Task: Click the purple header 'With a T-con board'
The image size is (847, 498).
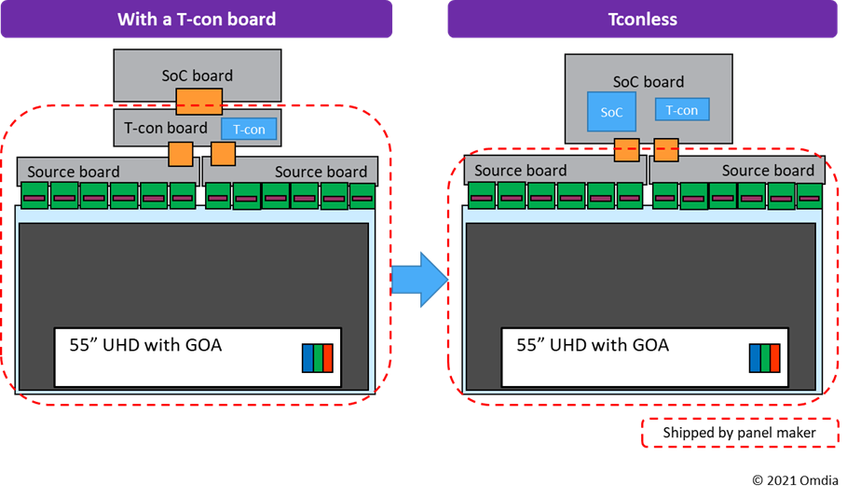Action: pos(197,19)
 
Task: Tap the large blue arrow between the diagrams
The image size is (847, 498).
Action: pos(419,279)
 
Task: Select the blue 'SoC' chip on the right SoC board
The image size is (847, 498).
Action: pos(611,112)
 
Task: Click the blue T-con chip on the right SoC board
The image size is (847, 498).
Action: pos(682,110)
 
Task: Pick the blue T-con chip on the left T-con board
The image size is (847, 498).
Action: pos(249,130)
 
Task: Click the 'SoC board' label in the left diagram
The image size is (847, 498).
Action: pos(196,76)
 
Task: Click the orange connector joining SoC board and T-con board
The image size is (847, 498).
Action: pos(199,101)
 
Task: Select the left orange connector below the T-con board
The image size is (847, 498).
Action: pos(180,154)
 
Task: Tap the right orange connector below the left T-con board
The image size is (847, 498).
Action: pos(224,154)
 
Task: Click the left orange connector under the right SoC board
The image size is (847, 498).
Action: pos(625,148)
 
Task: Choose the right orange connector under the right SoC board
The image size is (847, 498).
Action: pos(665,148)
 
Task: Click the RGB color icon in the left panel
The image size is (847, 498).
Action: pos(318,358)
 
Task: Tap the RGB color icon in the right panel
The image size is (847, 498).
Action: pos(765,358)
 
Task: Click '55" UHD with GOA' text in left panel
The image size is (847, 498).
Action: pos(145,345)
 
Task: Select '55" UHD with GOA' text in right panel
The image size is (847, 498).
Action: pos(593,345)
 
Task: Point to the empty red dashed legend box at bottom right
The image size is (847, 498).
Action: pos(741,433)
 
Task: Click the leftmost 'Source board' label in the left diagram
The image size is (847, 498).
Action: pos(74,172)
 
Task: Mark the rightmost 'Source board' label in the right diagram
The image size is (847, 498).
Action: pos(768,171)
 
